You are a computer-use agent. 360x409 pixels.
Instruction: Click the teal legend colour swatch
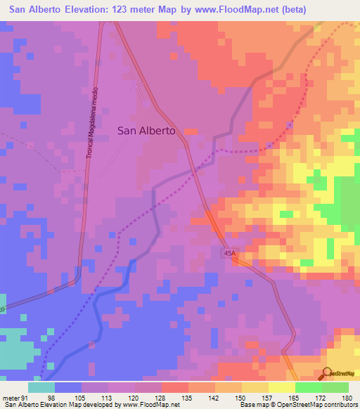(41, 388)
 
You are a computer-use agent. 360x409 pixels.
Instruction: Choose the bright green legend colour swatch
(308, 388)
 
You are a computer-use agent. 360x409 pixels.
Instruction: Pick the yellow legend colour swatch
(281, 388)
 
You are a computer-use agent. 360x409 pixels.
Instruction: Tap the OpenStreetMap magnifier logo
(327, 372)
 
